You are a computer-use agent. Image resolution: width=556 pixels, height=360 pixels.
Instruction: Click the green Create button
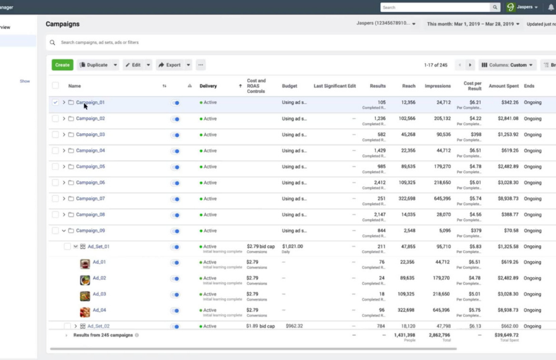coord(63,65)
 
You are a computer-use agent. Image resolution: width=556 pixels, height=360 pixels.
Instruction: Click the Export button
coord(170,65)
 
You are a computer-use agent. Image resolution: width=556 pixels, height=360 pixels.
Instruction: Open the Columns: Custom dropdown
coord(507,65)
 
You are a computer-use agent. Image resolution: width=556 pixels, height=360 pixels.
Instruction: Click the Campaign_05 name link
coord(90,167)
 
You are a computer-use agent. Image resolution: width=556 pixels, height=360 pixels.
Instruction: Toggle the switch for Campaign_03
coord(175,135)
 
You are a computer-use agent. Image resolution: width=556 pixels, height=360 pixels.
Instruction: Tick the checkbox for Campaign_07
coord(56,198)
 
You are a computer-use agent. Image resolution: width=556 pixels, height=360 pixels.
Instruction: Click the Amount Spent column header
coord(504,86)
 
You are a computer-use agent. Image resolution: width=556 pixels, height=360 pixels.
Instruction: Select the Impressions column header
coord(438,86)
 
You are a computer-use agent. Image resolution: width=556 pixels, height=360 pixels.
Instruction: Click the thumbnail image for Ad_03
coord(85,296)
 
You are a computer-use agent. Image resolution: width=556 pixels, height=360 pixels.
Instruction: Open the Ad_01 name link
coord(99,262)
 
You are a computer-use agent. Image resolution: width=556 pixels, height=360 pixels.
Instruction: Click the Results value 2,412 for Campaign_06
coord(377,183)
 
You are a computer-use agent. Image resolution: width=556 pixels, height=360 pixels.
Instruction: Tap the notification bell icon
coord(550,8)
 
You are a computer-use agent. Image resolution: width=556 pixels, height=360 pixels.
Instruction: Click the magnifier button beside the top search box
coord(495,8)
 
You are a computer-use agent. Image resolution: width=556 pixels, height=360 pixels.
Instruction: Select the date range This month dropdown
coord(473,24)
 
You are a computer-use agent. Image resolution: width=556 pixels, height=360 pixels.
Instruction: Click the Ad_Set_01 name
coord(98,246)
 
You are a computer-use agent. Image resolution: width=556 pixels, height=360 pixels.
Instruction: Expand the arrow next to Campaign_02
coord(64,119)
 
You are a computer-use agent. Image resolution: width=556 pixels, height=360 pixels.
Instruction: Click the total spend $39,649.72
coord(507,335)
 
